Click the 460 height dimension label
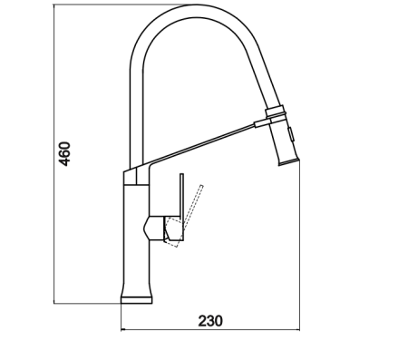[x=64, y=153]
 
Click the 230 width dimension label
[x=210, y=321]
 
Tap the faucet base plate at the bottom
[x=136, y=300]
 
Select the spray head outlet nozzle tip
[x=288, y=161]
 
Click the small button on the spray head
[x=291, y=134]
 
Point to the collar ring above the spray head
[x=276, y=112]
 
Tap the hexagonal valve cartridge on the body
[x=154, y=229]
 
